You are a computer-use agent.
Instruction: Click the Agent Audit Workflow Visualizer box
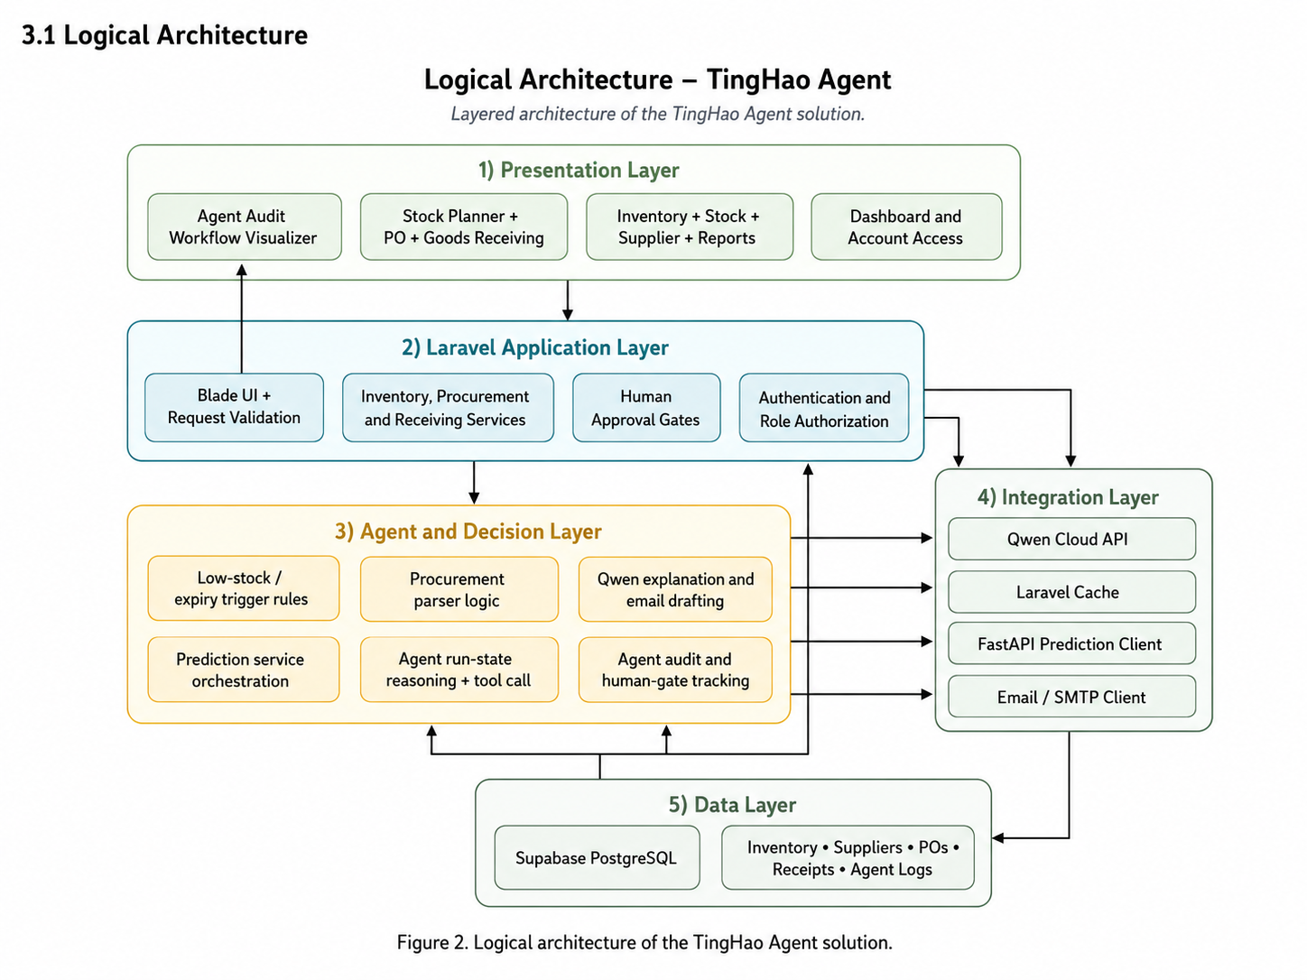(x=244, y=227)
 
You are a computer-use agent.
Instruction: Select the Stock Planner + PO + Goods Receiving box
(x=463, y=227)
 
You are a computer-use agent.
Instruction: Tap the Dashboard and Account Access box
(x=905, y=227)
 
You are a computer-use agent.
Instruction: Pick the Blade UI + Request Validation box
(x=234, y=408)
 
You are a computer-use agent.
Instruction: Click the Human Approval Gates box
(x=646, y=408)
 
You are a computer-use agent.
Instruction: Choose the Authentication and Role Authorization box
(x=823, y=408)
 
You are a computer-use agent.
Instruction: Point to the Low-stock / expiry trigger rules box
(x=243, y=588)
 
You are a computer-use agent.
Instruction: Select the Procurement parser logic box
(x=459, y=589)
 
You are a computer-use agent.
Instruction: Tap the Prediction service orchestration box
(x=243, y=670)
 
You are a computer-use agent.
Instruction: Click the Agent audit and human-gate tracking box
(x=675, y=670)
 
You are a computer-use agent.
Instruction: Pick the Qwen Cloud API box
(x=1071, y=539)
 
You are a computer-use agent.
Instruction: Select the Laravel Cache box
(x=1071, y=592)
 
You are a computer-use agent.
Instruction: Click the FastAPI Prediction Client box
(x=1071, y=643)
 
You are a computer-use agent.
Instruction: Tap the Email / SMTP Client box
(x=1071, y=696)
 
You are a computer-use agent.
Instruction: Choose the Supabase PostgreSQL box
(x=597, y=857)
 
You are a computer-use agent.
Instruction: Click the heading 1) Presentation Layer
(x=579, y=171)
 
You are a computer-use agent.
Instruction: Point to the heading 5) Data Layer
(x=732, y=805)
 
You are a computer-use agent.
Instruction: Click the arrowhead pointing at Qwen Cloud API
(x=926, y=538)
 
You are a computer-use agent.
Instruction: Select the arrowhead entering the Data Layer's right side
(x=998, y=837)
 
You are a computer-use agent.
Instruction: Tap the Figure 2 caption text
(x=644, y=942)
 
